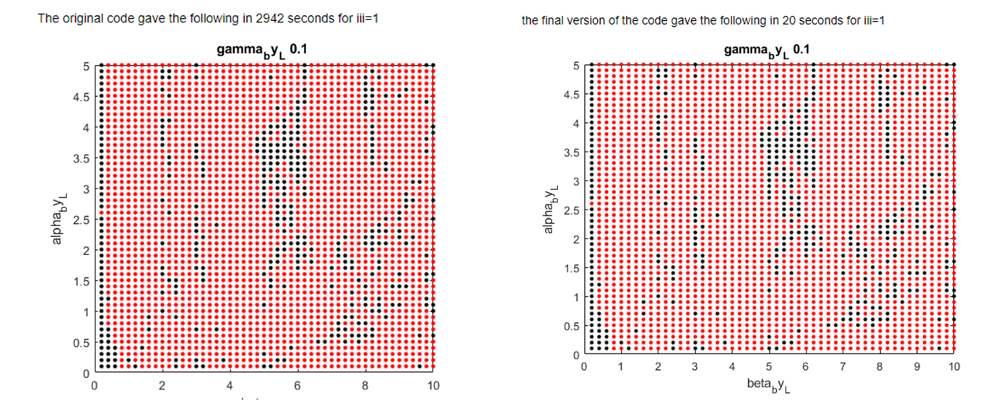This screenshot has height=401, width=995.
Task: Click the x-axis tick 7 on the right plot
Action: click(x=843, y=367)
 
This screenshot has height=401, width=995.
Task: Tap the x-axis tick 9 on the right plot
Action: click(x=916, y=367)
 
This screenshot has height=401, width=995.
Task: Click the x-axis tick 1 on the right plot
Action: click(x=621, y=367)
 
